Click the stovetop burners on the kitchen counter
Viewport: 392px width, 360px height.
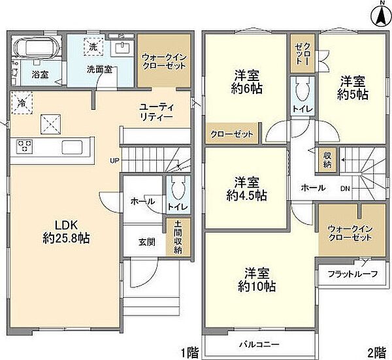[x=25, y=145]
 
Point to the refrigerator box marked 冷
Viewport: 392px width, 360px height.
[x=22, y=103]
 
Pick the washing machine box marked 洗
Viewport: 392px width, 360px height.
[x=94, y=48]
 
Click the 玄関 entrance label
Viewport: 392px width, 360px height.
[x=146, y=242]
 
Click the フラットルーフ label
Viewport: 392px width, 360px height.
[x=353, y=273]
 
